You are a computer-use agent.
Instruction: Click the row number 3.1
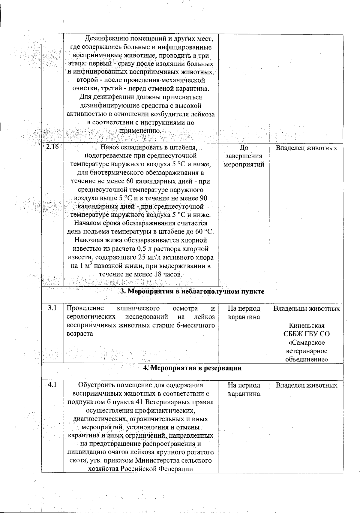coord(52,308)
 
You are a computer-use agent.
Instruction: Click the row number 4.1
coord(52,385)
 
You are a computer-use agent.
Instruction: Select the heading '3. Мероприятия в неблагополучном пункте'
coord(192,291)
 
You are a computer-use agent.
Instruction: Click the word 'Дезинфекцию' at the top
coord(103,39)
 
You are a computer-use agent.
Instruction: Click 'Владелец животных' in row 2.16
coord(306,148)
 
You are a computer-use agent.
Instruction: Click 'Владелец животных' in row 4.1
coord(306,385)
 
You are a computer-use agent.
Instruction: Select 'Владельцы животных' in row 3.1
coord(306,309)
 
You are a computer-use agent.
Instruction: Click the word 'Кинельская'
coord(306,325)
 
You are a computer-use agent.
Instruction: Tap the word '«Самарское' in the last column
coord(306,343)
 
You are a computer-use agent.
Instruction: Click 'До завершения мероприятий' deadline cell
coord(244,156)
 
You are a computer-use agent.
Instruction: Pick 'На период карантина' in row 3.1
coord(244,313)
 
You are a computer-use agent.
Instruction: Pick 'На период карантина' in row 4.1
coord(244,389)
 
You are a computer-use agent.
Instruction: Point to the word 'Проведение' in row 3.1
coord(85,308)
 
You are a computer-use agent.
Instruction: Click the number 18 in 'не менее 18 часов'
coord(158,274)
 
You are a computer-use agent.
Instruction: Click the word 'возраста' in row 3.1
coord(79,333)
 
